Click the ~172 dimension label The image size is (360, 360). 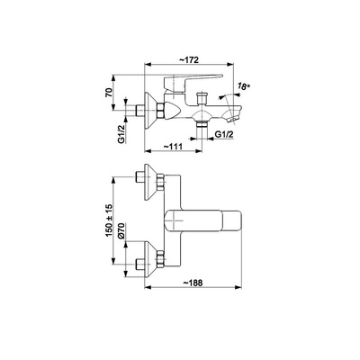189,59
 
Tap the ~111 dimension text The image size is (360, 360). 173,147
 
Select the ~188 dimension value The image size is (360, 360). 193,283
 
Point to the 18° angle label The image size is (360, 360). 244,86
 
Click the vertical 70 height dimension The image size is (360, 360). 109,92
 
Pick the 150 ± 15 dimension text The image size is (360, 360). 109,220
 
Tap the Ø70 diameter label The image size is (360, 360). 121,231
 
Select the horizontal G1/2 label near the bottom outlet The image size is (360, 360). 224,135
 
